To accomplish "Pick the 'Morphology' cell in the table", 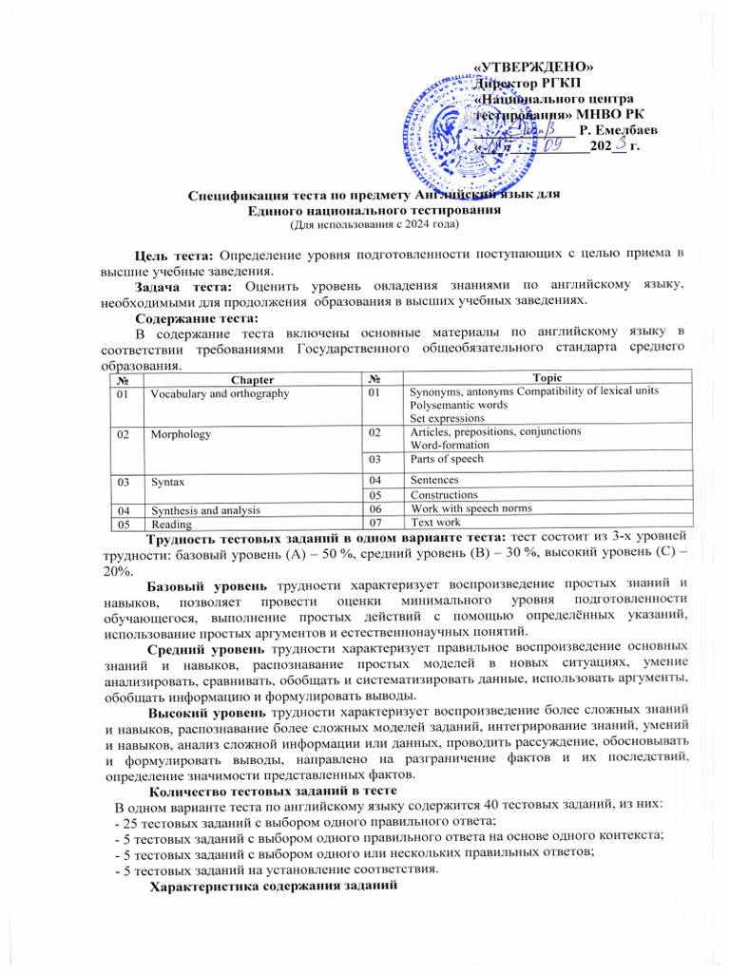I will pos(181,433).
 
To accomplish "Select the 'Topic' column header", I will pos(547,378).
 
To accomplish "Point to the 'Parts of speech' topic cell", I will pos(447,459).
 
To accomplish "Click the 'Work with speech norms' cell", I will pos(471,508).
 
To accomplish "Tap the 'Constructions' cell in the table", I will pos(444,495).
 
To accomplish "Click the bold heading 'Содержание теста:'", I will pos(196,317).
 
